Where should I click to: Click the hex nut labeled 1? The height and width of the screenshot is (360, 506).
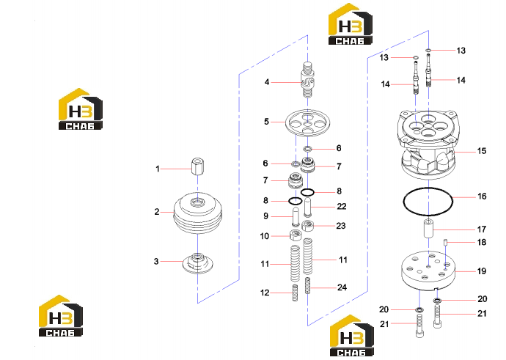click(x=197, y=166)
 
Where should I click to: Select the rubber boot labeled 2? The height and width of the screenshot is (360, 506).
click(x=198, y=213)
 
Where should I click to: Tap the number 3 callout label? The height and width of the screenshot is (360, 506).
click(x=156, y=261)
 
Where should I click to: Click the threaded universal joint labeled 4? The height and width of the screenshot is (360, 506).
click(x=307, y=80)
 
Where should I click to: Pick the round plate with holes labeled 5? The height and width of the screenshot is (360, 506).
click(x=307, y=123)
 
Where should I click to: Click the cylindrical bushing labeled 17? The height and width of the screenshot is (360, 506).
click(x=428, y=228)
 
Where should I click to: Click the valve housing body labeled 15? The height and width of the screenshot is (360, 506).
click(x=428, y=145)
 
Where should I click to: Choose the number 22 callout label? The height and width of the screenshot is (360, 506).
click(x=342, y=207)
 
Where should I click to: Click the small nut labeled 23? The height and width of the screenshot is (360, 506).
click(x=308, y=226)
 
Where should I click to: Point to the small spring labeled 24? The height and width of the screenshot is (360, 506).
click(x=307, y=286)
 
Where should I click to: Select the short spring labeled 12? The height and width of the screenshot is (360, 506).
click(x=295, y=293)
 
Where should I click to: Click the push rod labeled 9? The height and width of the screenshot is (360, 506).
click(x=296, y=217)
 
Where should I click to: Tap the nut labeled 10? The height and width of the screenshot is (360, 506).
click(x=295, y=235)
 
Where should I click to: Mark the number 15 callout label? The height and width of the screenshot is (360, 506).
click(x=482, y=151)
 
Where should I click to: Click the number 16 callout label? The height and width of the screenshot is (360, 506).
click(x=482, y=196)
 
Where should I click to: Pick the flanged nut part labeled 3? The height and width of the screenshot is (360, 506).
click(x=197, y=263)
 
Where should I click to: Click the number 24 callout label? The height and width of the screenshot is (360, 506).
click(x=342, y=287)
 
